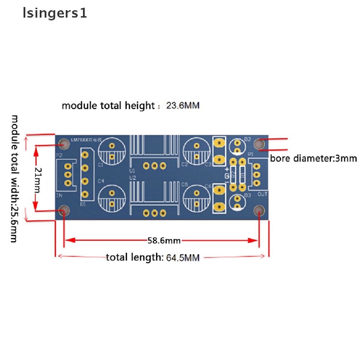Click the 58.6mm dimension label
[x=164, y=241]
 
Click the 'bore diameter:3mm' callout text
[x=313, y=159]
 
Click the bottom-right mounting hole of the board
[x=259, y=211]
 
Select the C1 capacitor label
[x=101, y=165]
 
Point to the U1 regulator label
[x=132, y=171]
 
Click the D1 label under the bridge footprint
[x=83, y=204]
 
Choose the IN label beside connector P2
[x=59, y=195]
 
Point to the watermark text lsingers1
[x=55, y=13]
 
